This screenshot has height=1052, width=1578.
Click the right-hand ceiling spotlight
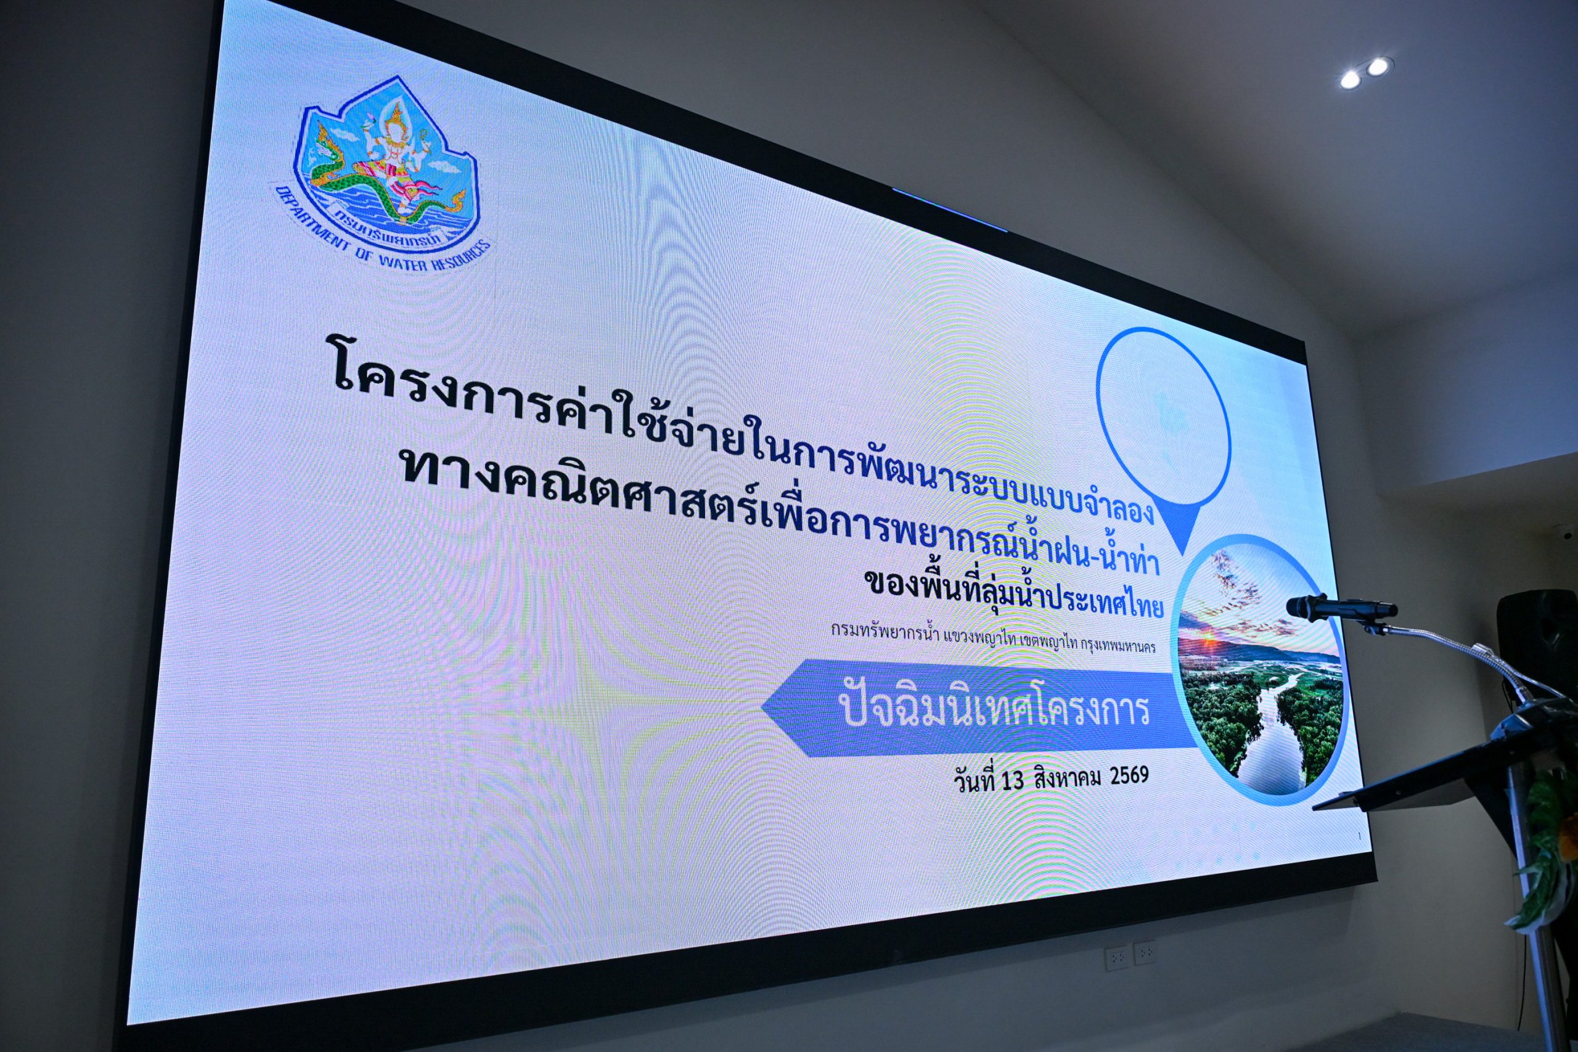[1378, 67]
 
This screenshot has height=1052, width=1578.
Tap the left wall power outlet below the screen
[1116, 960]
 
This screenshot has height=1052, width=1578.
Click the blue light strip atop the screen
[949, 210]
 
